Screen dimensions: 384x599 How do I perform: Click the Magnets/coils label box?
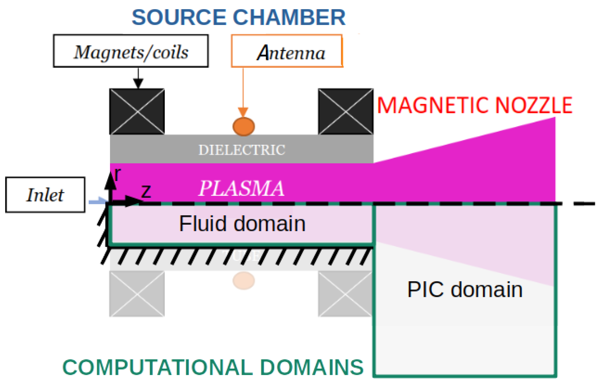tap(131, 51)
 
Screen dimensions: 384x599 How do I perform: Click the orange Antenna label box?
tap(287, 51)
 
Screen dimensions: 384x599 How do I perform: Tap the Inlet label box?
tap(45, 195)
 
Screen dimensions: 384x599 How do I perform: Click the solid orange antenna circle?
tap(243, 127)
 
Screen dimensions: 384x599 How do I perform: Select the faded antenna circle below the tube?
tap(243, 281)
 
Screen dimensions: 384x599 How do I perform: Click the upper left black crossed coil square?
tap(137, 112)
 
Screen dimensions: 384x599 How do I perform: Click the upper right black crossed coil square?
tap(346, 112)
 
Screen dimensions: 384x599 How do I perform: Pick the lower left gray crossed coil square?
tap(137, 294)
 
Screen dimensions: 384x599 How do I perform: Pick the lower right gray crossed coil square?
tap(345, 294)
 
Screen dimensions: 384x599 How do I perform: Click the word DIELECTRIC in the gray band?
tap(242, 150)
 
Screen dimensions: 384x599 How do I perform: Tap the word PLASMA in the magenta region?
tap(241, 188)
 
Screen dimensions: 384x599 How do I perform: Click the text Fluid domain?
tap(242, 224)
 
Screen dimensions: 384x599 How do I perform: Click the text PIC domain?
tap(465, 290)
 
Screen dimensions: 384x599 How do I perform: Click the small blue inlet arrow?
tap(97, 201)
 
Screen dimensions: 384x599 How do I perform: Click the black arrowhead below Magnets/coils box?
tap(138, 83)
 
